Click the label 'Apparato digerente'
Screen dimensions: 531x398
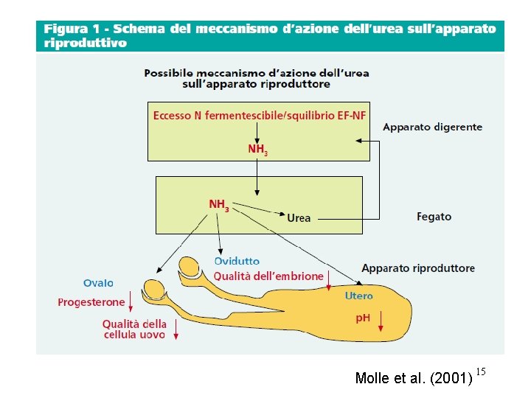tap(432, 127)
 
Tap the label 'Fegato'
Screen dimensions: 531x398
tap(434, 217)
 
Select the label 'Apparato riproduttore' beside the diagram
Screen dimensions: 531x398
tap(418, 268)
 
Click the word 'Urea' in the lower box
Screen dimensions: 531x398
tap(299, 218)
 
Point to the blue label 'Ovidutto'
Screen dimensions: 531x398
tap(237, 261)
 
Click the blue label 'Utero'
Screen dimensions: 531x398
tap(359, 296)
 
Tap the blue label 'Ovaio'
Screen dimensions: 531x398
tap(98, 283)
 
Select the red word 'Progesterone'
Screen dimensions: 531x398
tap(91, 302)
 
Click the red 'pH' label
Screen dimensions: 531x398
tap(363, 318)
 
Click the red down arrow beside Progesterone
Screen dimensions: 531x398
tap(131, 301)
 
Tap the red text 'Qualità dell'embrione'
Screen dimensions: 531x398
tap(268, 276)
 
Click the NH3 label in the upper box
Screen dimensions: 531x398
tap(257, 150)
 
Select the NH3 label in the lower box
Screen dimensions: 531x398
tap(219, 205)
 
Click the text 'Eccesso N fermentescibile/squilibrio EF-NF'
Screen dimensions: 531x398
tap(260, 116)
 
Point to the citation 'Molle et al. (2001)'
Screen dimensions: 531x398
tap(413, 379)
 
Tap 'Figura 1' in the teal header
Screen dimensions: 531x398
tap(72, 29)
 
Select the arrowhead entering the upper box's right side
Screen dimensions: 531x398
tap(360, 141)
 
